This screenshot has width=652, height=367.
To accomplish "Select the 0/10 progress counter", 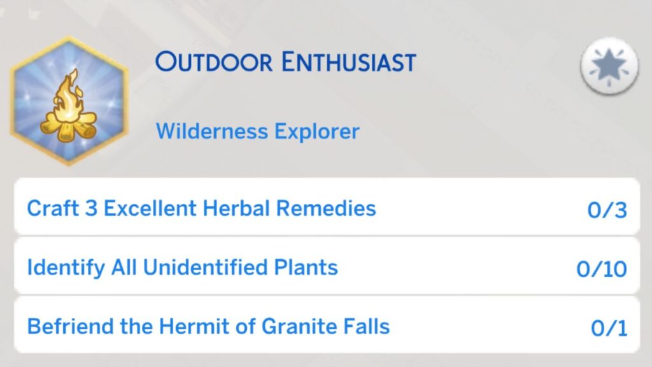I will point(602,269).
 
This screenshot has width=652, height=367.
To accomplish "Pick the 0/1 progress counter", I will point(609,328).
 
